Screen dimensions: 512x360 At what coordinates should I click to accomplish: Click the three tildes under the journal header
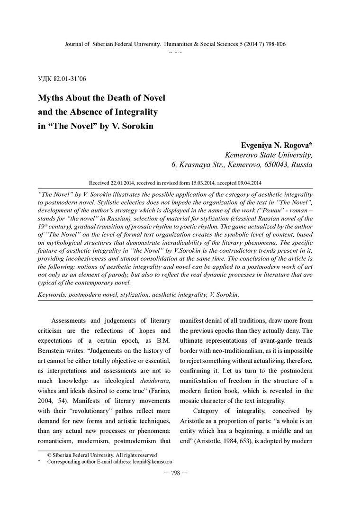point(175,52)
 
